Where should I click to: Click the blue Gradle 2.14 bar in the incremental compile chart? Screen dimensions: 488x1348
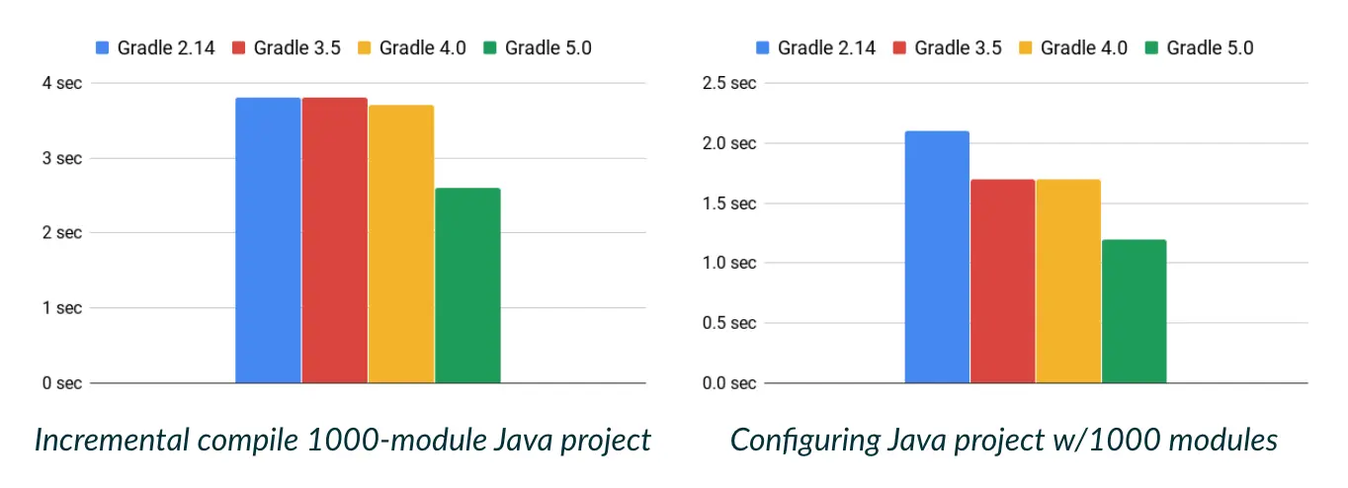268,240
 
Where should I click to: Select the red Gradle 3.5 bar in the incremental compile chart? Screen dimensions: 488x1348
334,240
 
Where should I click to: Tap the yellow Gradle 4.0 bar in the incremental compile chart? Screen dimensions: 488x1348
401,244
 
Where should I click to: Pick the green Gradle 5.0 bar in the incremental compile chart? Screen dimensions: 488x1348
467,285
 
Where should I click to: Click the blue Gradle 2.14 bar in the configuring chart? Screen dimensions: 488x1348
937,257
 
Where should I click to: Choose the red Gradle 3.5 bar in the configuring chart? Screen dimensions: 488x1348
1002,281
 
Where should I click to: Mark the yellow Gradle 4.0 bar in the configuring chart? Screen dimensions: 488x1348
1068,281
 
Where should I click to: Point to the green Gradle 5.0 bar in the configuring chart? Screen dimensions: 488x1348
1134,311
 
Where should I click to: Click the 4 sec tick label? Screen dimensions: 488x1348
61,83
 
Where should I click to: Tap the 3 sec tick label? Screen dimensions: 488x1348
61,158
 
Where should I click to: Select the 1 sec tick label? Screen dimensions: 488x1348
61,308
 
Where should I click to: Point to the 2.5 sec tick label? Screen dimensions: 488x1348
728,83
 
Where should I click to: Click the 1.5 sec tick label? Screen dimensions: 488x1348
728,203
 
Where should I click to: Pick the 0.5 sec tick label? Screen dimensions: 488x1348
728,323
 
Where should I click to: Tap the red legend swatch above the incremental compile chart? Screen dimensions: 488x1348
238,47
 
